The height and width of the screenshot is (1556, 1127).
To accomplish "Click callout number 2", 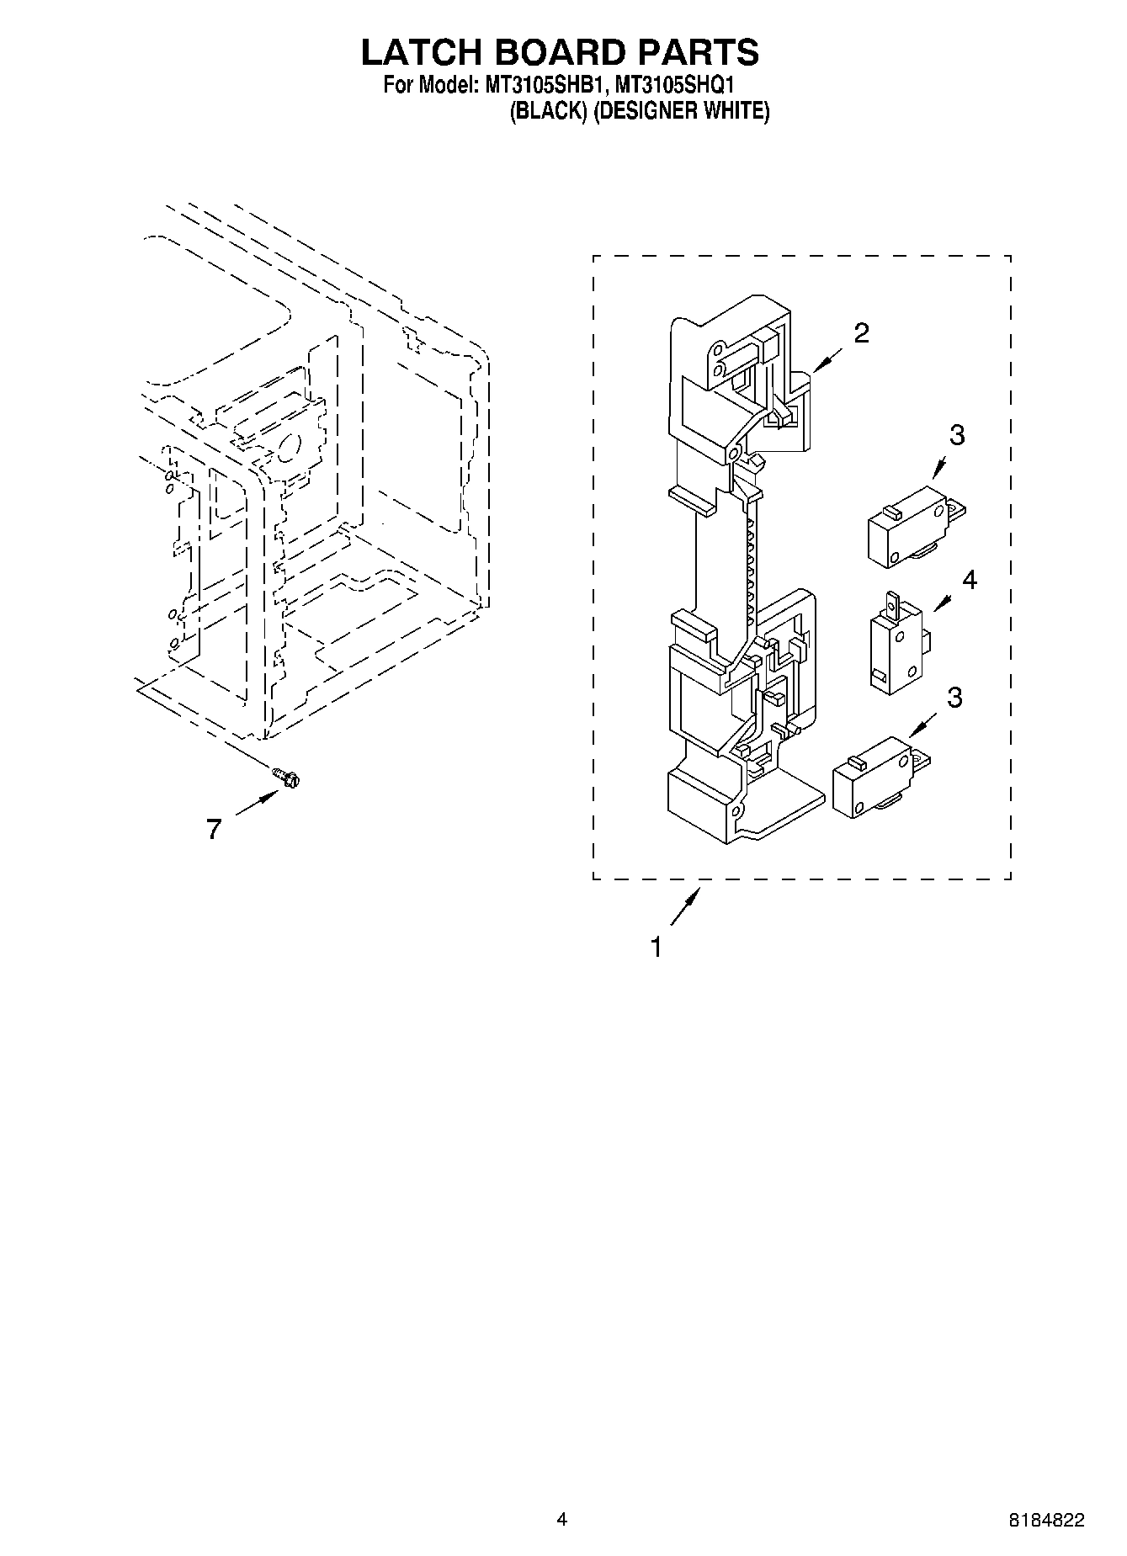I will (860, 333).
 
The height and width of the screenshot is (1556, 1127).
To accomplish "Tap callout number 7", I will (214, 830).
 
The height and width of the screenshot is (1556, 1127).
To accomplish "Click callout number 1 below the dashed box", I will (656, 948).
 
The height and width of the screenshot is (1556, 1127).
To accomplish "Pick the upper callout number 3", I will (956, 435).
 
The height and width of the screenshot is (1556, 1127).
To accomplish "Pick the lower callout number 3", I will (954, 698).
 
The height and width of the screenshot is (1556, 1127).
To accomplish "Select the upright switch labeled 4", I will (895, 644).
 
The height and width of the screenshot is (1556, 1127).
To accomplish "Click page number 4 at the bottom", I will (562, 1519).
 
